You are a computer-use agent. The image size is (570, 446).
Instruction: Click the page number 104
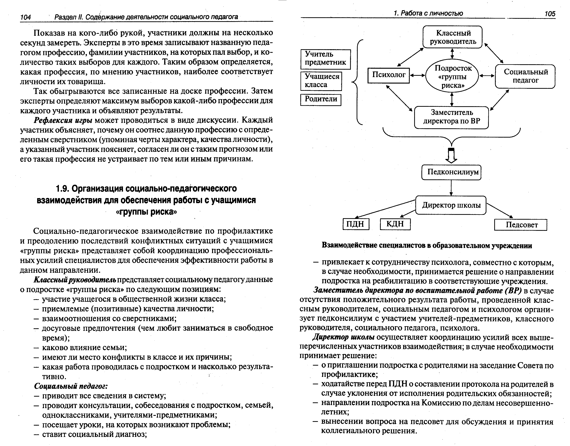point(26,17)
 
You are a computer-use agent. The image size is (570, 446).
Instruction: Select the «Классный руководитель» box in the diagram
point(452,37)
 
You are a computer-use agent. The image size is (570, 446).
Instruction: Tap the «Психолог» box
point(388,75)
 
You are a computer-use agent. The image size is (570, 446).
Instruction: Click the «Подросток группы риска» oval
point(452,76)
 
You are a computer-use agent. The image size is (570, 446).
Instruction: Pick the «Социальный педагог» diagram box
point(525,76)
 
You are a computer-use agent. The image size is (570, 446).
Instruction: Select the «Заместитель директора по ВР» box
point(451,117)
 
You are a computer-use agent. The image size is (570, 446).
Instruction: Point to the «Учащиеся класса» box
point(321,81)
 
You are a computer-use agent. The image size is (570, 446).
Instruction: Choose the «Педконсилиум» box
point(451,172)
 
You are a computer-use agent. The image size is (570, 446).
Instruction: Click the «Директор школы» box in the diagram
point(451,205)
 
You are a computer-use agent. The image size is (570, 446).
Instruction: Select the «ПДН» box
point(356,224)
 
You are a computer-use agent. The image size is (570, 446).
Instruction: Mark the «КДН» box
point(395,224)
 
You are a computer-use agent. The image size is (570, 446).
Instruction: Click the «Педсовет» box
point(521,225)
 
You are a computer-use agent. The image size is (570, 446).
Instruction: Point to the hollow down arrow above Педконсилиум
point(451,156)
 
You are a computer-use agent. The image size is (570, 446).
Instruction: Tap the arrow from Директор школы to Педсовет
point(499,210)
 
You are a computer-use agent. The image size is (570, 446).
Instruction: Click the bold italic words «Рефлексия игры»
point(63,120)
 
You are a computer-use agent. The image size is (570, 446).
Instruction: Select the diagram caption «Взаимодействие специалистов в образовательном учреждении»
point(427,245)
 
